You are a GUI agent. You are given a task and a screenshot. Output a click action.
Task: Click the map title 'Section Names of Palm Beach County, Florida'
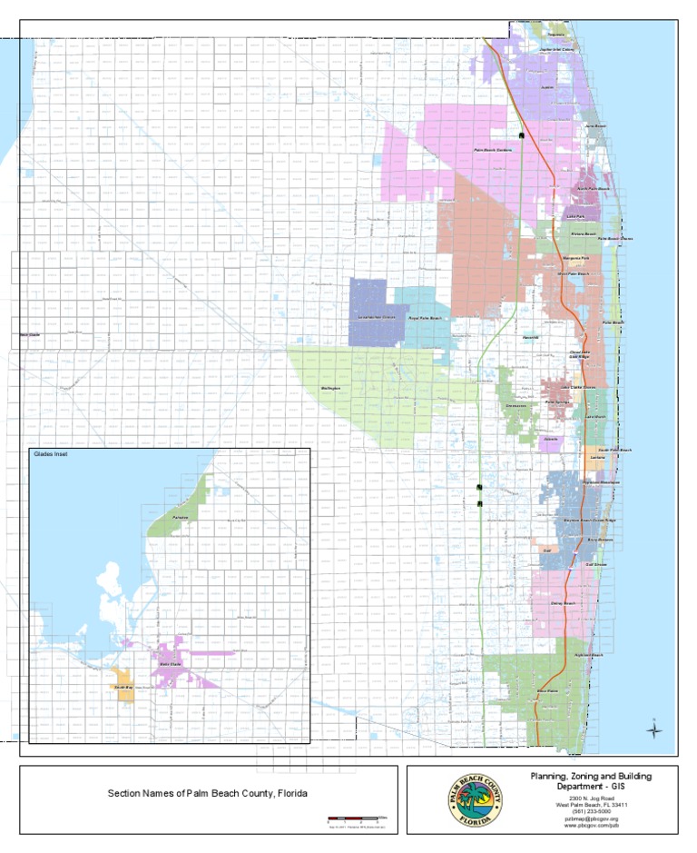point(208,793)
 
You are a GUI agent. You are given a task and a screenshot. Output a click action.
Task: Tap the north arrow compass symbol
point(655,728)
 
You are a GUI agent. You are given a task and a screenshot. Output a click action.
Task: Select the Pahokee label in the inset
point(184,517)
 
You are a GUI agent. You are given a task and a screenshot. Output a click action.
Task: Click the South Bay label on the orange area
point(123,689)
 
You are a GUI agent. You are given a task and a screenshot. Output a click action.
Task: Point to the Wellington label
point(330,389)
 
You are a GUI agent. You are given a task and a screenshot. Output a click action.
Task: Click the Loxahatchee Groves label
point(377,317)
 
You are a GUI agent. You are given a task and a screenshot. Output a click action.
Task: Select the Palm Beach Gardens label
point(494,150)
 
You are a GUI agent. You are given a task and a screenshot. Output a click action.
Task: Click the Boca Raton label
point(547,691)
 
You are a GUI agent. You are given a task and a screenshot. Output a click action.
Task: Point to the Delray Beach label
point(563,603)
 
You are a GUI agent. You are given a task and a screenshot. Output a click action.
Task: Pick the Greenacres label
point(515,407)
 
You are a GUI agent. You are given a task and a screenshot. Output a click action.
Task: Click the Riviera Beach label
point(584,234)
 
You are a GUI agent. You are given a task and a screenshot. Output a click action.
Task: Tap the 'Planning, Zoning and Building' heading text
point(591,776)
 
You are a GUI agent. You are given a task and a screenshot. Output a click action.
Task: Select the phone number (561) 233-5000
point(591,811)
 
